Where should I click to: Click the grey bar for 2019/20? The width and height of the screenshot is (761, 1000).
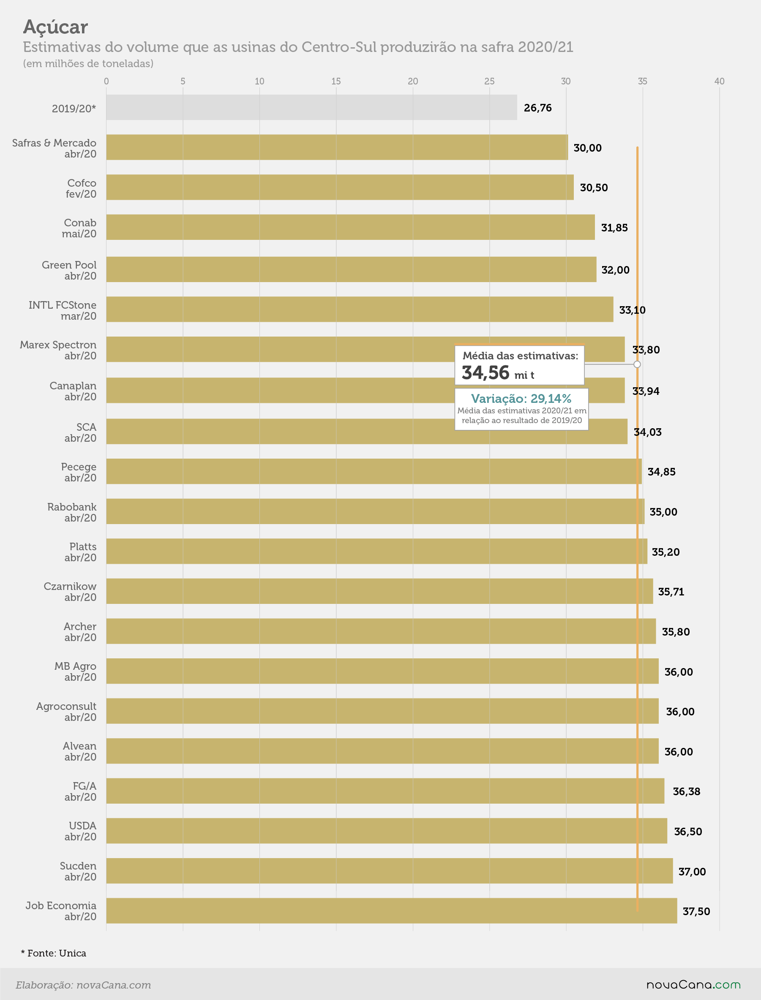coord(312,107)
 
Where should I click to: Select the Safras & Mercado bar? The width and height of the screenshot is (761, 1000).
coord(337,147)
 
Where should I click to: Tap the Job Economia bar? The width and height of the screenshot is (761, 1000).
coord(392,910)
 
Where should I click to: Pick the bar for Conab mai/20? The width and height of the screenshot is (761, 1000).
coord(351,227)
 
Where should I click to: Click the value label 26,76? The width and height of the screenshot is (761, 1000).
coord(537,108)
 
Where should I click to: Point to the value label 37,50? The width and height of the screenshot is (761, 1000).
coord(696,911)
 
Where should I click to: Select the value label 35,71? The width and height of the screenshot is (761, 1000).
coord(671,592)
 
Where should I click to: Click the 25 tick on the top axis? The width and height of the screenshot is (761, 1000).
coord(489,81)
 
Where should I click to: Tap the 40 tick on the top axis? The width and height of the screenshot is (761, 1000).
coord(719,81)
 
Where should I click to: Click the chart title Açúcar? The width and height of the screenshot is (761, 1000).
coord(55,27)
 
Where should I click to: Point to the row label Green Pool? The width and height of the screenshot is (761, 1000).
coord(69,265)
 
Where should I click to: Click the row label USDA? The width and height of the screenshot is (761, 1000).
coord(82,825)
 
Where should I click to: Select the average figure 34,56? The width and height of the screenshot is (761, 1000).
coord(486,372)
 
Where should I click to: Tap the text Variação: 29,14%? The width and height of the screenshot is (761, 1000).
coord(521,398)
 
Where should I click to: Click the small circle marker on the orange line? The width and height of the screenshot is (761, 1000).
coord(637,364)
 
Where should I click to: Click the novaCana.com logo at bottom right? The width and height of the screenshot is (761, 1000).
coord(693,985)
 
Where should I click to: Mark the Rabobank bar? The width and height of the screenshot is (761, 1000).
coord(376,511)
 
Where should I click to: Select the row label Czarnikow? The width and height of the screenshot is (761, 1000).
coord(70,586)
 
